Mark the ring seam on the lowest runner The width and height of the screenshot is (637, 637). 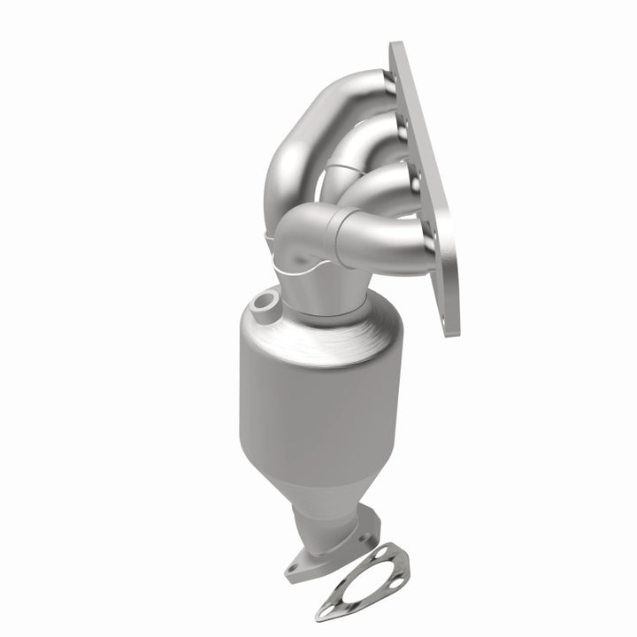point(336,235)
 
